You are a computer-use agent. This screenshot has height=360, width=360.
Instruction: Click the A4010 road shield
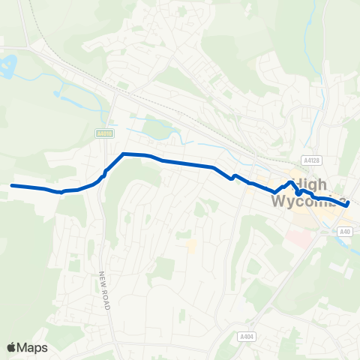pyautogui.click(x=104, y=133)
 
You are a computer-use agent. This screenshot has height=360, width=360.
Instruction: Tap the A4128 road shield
pyautogui.click(x=312, y=160)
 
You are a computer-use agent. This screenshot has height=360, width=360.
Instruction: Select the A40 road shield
pyautogui.click(x=344, y=232)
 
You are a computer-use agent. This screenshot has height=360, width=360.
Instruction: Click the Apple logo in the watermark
pyautogui.click(x=12, y=346)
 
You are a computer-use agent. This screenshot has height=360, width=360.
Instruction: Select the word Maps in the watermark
pyautogui.click(x=34, y=347)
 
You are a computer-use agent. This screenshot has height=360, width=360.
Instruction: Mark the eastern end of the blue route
pyautogui.click(x=347, y=203)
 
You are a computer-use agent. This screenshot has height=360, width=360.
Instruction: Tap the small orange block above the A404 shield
pyautogui.click(x=192, y=245)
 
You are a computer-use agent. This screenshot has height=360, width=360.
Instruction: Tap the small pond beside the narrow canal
pyautogui.click(x=57, y=94)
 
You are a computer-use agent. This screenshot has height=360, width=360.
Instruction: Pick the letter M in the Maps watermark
pyautogui.click(x=24, y=347)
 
